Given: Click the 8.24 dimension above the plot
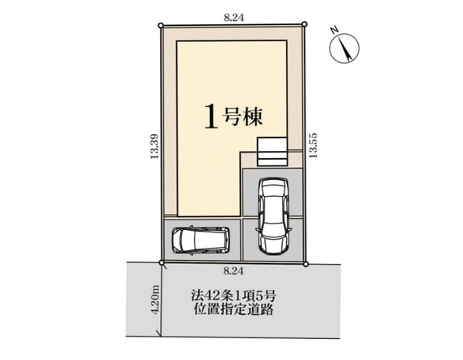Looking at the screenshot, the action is (x=234, y=18).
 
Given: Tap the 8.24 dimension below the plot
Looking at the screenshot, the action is (x=234, y=271).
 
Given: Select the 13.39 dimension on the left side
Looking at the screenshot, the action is (x=154, y=146).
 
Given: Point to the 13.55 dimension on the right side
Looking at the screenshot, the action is (x=313, y=145).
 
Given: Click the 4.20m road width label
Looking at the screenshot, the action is (x=156, y=299).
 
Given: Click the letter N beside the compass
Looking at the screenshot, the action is (x=335, y=30).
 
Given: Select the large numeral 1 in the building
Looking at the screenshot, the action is (x=212, y=117).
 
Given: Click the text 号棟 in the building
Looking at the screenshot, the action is (x=243, y=116).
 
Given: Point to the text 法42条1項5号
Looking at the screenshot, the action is (x=234, y=295).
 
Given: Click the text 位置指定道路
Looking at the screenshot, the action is (x=234, y=309).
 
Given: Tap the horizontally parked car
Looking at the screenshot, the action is (x=200, y=240).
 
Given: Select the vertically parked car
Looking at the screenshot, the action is (x=273, y=216).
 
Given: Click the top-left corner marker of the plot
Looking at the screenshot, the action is (x=161, y=26).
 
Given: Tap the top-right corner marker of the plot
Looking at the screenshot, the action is (x=305, y=24).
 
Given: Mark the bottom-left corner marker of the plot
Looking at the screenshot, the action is (x=162, y=262).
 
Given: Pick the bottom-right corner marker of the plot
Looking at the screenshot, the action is (x=305, y=263).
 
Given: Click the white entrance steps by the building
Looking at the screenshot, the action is (x=272, y=152).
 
